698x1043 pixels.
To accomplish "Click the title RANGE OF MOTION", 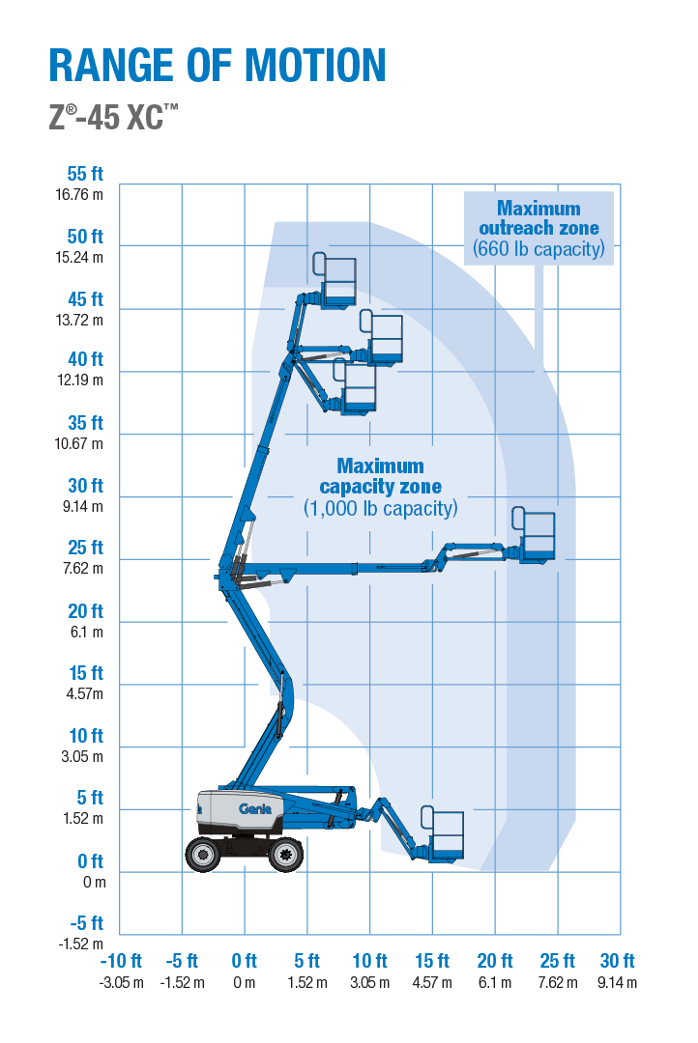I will (x=218, y=65).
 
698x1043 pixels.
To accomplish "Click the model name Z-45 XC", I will (x=114, y=121).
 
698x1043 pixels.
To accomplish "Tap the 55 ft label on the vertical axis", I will (x=85, y=175).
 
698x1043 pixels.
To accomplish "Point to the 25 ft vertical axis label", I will (x=85, y=549).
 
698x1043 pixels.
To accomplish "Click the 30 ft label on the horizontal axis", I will (x=617, y=961).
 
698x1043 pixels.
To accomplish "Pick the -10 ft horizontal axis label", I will (x=121, y=961).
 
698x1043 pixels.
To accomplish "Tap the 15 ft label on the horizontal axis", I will (x=432, y=961).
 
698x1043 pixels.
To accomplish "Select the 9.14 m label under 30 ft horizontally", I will (x=617, y=983).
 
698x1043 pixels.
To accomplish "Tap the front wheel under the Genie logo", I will (x=203, y=854).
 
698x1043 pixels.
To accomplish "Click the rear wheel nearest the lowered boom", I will (x=286, y=854).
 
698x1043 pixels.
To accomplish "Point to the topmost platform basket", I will (x=337, y=280).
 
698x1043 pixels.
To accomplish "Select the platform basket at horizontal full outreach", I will (x=538, y=535).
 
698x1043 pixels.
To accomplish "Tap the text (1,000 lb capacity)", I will (x=380, y=508).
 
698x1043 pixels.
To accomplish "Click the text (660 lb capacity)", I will (x=538, y=250).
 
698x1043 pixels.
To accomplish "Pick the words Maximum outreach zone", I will (x=538, y=218).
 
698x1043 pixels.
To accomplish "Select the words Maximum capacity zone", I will (x=380, y=476).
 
